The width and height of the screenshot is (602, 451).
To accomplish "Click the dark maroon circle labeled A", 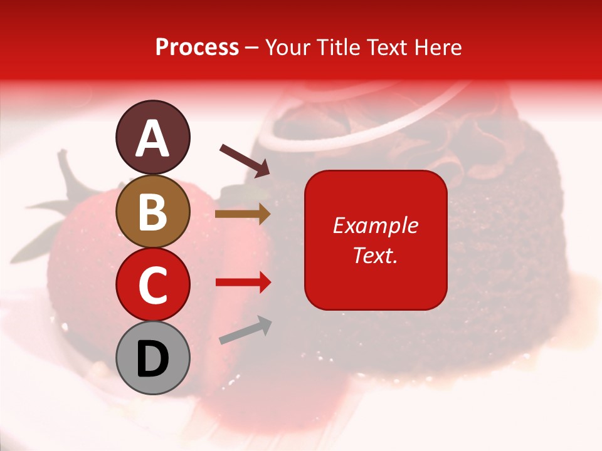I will tap(152, 137).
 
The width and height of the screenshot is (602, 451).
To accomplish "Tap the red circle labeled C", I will tap(152, 284).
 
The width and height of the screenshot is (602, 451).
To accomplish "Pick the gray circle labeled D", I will tap(152, 358).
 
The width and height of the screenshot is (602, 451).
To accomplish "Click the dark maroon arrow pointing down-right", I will tap(245, 160).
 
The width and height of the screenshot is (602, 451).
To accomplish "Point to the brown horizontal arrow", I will tap(243, 214).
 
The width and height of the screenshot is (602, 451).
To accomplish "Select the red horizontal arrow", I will tap(243, 283).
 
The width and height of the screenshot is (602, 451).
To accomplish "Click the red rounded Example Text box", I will tap(376, 240).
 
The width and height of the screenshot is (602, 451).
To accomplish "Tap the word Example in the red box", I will tap(375, 225).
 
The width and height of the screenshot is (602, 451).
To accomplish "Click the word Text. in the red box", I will tap(375, 255).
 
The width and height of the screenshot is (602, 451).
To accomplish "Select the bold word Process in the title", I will tap(197, 47).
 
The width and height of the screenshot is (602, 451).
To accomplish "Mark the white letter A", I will tap(152, 138).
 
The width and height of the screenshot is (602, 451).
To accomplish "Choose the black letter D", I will tap(152, 359).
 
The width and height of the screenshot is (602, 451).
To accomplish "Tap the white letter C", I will tap(152, 286).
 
